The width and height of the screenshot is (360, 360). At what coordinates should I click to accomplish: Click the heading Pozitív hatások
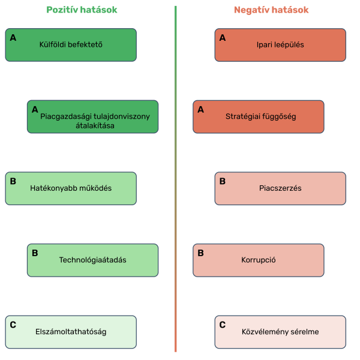click(82, 10)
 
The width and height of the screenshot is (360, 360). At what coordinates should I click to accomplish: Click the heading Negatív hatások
click(271, 10)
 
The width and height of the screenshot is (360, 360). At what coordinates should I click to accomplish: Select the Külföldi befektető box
click(71, 44)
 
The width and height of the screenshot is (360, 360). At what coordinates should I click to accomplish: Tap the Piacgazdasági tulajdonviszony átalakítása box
click(92, 116)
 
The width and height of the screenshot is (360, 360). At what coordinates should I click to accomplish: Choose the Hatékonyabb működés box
click(71, 188)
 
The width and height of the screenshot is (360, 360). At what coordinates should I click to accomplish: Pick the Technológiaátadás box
click(92, 260)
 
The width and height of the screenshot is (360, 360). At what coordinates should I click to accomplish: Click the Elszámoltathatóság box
click(71, 332)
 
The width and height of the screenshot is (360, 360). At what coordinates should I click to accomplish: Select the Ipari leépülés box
click(280, 44)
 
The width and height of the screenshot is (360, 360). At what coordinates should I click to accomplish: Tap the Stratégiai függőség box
click(259, 116)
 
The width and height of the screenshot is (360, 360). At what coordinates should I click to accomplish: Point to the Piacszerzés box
click(280, 188)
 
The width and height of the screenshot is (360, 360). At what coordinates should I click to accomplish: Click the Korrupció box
click(259, 260)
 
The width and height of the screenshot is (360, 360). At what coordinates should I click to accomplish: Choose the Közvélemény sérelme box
click(280, 332)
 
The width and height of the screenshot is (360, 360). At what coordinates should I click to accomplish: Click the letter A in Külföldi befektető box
click(13, 37)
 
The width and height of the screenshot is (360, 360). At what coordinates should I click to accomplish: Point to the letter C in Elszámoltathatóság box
click(13, 325)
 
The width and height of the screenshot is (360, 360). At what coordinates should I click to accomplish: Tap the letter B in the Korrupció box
click(200, 253)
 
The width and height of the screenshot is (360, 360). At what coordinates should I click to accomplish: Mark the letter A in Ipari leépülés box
click(223, 37)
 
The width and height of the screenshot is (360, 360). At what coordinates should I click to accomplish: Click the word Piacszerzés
click(280, 188)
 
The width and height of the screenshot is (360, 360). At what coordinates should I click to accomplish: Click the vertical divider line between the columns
click(176, 180)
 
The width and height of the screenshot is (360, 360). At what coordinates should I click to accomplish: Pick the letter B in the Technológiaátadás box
click(35, 253)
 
